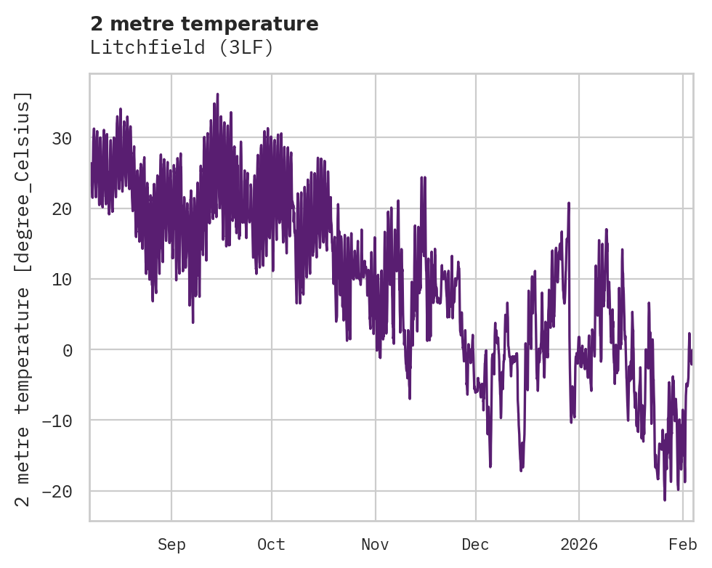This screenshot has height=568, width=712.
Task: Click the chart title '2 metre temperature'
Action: point(204,24)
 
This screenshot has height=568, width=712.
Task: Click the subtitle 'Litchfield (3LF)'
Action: point(181,48)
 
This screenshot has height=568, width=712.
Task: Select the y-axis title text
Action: point(24,299)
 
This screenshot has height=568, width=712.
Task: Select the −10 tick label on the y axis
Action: point(58,421)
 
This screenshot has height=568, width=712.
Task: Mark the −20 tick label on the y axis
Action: point(58,491)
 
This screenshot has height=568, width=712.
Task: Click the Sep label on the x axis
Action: point(171,545)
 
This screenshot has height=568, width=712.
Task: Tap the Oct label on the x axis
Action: point(271,545)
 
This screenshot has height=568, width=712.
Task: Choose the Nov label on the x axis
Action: point(376,545)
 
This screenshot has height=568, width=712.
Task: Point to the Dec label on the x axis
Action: point(475,545)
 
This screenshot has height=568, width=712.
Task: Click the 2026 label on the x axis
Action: point(579,545)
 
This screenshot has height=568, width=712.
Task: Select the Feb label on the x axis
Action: point(683,545)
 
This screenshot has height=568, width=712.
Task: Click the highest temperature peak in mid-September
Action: point(217,94)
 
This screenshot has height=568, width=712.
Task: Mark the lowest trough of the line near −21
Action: point(664,500)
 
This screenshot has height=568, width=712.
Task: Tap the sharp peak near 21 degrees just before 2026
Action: point(569,203)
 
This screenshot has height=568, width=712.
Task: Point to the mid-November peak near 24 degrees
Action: point(423,177)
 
